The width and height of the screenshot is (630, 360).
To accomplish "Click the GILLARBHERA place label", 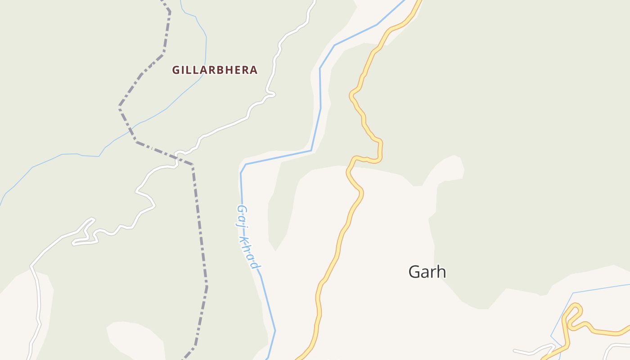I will (x=215, y=70).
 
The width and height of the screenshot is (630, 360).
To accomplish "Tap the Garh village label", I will (x=427, y=271).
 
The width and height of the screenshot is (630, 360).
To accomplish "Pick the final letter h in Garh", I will (x=441, y=271).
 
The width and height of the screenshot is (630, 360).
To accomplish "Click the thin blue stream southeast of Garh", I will (x=598, y=288).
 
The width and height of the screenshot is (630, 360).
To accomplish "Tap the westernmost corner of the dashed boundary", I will (x=120, y=107).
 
